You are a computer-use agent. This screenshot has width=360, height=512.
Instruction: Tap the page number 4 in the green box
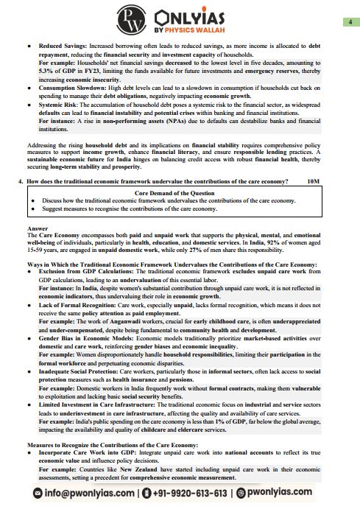[x=347, y=23]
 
